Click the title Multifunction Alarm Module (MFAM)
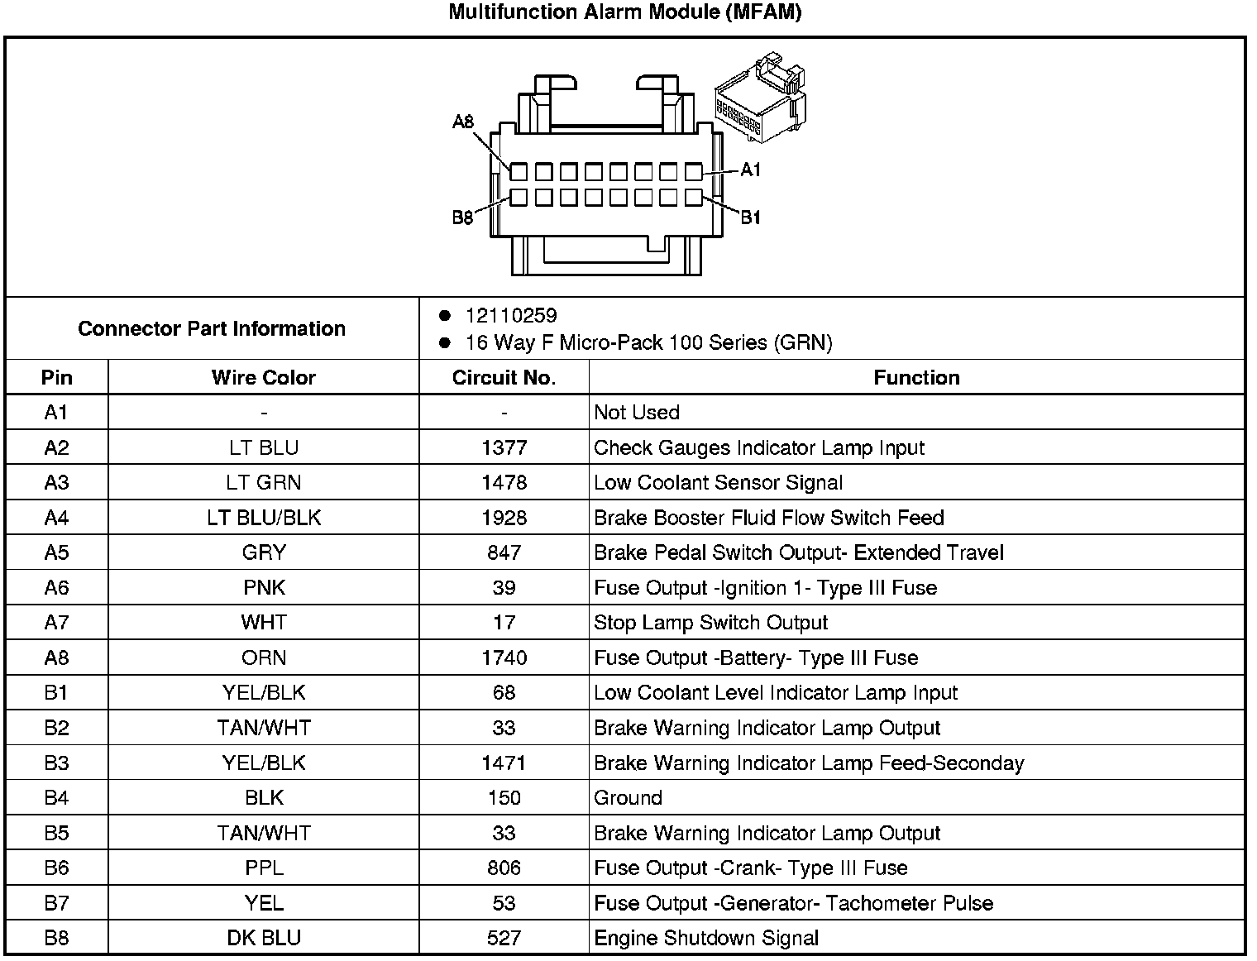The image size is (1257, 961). pyautogui.click(x=624, y=12)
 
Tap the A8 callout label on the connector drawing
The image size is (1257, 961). pyautogui.click(x=463, y=122)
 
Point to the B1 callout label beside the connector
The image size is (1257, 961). pyautogui.click(x=750, y=218)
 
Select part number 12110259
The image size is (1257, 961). pyautogui.click(x=511, y=316)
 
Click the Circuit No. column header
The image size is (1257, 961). pyautogui.click(x=504, y=378)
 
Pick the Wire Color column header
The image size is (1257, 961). pyautogui.click(x=263, y=378)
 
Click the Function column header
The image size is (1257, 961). pyautogui.click(x=916, y=378)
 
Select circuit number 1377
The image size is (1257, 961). pyautogui.click(x=504, y=447)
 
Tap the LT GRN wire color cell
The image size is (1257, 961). pyautogui.click(x=263, y=483)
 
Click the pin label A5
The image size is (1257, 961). pyautogui.click(x=56, y=552)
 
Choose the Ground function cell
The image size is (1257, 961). pyautogui.click(x=628, y=798)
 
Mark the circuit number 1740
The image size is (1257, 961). pyautogui.click(x=504, y=657)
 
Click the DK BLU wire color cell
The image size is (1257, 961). pyautogui.click(x=263, y=938)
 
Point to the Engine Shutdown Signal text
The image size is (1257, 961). pyautogui.click(x=706, y=938)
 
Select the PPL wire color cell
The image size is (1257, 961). pyautogui.click(x=263, y=868)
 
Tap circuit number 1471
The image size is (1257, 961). pyautogui.click(x=504, y=763)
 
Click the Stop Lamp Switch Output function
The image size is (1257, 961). pyautogui.click(x=710, y=623)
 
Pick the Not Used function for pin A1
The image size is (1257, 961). pyautogui.click(x=636, y=413)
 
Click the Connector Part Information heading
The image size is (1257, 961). pyautogui.click(x=212, y=328)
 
